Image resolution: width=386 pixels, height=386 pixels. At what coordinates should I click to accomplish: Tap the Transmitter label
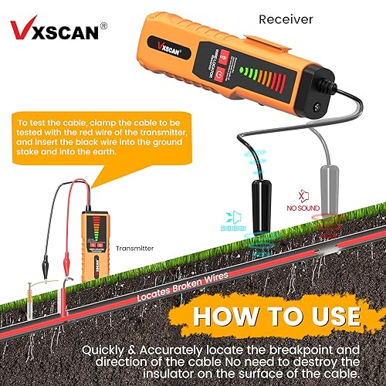[136, 249]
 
